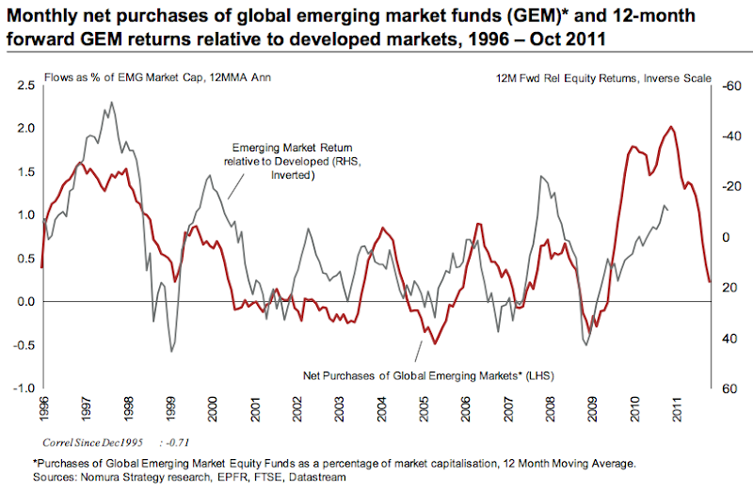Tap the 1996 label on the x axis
point(42,405)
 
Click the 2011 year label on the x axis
point(677,405)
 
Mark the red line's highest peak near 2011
point(670,127)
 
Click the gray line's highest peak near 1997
point(112,103)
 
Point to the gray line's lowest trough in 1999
point(171,352)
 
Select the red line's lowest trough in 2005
point(434,343)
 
